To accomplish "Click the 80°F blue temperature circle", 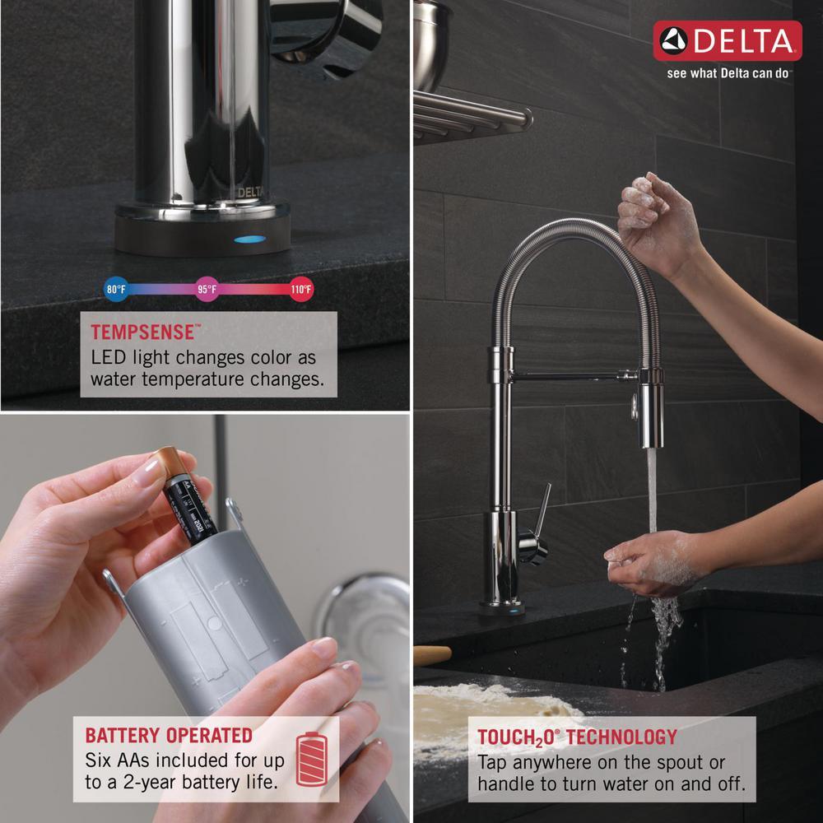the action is tap(116, 289).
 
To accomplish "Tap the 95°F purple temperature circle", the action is tap(207, 289).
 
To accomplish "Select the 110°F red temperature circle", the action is tap(301, 289).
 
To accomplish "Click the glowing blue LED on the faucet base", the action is tap(250, 239).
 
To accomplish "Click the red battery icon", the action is tap(312, 759).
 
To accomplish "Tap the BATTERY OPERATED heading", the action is tap(169, 735).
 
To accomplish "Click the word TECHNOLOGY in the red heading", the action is tap(622, 737).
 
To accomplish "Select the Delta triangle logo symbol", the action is tap(673, 40).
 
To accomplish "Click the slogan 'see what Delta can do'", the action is tap(728, 73).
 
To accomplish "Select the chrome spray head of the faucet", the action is tap(651, 409).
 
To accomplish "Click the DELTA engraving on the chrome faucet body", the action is tap(251, 193).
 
